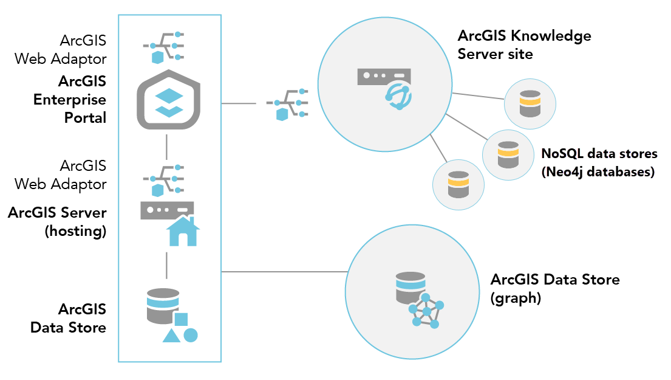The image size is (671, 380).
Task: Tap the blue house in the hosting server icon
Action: click(183, 231)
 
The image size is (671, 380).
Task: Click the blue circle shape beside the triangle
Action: click(191, 335)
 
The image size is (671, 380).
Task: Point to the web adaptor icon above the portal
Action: click(165, 47)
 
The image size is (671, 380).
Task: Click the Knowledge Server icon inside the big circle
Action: click(384, 86)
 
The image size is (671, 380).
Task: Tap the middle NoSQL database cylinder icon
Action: click(508, 154)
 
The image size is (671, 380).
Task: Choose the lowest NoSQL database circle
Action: click(458, 184)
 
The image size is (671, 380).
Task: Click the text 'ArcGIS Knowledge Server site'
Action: click(523, 44)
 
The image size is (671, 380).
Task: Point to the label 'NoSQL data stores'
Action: click(599, 153)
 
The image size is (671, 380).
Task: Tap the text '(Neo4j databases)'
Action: click(598, 171)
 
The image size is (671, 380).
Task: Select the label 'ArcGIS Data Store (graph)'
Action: click(554, 288)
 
